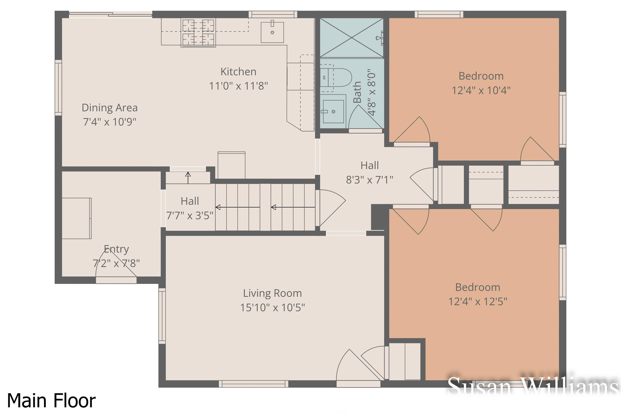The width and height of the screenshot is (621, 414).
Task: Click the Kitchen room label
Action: click(x=238, y=72)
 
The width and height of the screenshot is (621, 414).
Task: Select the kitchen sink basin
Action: click(x=272, y=32)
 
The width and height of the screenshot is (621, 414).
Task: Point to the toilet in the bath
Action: click(x=337, y=78)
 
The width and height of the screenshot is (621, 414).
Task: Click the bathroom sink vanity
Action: click(x=333, y=111)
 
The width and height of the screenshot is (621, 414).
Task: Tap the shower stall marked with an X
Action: click(x=351, y=37)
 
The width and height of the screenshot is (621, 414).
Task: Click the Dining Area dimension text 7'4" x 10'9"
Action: click(x=110, y=122)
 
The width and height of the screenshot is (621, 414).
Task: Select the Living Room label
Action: click(x=272, y=293)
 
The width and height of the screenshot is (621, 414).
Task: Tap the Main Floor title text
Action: click(x=51, y=401)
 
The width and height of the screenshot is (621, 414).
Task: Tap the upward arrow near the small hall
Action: click(x=188, y=177)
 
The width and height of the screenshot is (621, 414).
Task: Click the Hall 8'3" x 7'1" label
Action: click(x=369, y=173)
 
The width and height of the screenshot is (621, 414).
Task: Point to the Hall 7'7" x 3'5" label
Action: click(x=190, y=208)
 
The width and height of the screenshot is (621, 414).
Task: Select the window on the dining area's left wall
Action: click(x=58, y=88)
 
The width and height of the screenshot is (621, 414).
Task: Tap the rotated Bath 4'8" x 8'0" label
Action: click(x=364, y=92)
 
